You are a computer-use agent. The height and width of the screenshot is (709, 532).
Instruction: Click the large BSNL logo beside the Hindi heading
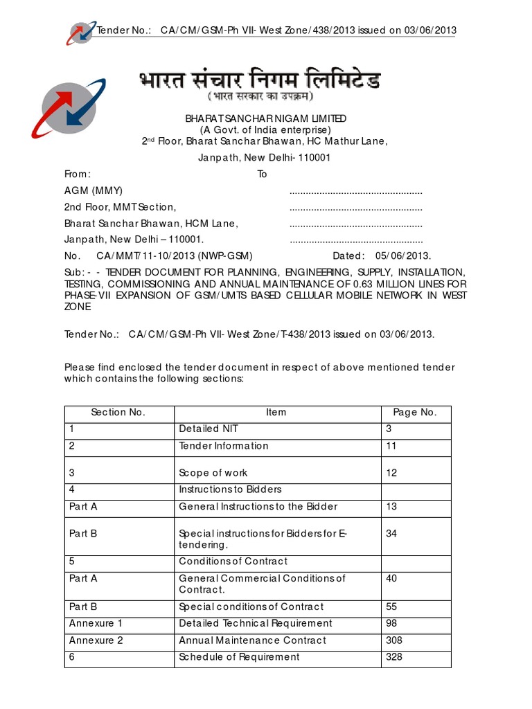coord(68,108)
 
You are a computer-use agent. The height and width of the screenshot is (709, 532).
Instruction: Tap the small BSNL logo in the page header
coord(81,32)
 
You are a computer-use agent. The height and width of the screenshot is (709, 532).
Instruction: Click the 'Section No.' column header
coord(118,413)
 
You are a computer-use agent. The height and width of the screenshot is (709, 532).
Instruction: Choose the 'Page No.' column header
coord(415,413)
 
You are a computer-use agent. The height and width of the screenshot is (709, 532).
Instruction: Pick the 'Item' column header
coord(276,413)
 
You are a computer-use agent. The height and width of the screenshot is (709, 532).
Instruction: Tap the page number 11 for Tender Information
coord(391,447)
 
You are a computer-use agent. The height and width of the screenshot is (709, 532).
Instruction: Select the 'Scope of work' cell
coord(213,474)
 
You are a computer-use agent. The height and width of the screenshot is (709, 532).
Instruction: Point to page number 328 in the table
coord(393,657)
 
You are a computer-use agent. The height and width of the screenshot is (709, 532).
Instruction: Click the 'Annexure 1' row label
coord(96,624)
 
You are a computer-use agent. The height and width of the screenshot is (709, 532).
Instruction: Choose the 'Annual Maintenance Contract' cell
coord(252,640)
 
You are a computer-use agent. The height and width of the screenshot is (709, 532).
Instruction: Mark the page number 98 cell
coord(391,624)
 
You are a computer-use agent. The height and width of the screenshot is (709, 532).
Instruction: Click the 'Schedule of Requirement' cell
coord(239,657)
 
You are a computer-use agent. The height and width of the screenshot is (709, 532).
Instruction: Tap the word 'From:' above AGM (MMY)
coord(78,174)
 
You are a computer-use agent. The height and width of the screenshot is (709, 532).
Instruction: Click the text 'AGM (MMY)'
coord(94,191)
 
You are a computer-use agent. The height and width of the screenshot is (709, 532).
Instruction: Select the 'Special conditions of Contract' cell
coord(251,607)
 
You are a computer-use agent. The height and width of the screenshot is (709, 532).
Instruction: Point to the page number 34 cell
coord(391,534)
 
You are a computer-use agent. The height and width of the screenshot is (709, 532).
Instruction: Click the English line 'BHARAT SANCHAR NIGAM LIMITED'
coord(265,119)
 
